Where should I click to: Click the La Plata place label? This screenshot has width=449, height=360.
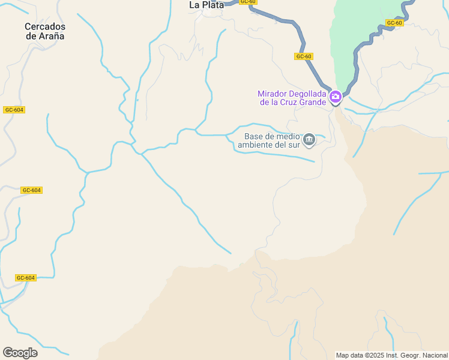coord(206,5)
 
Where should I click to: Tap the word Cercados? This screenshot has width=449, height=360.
coord(45,26)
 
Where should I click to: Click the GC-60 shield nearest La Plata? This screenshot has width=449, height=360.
coord(247,2)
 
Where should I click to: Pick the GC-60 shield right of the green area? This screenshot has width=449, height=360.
coord(394,23)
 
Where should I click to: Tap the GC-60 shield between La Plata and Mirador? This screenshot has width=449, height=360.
coord(304,56)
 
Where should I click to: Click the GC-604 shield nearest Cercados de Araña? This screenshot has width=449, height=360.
coord(14,110)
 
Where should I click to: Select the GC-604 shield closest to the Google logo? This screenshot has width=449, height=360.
coord(26,278)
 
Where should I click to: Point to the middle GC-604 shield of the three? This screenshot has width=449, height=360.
coord(31,190)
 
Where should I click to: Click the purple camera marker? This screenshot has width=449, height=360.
coord(335,97)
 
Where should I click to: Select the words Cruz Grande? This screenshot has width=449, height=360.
coord(304,102)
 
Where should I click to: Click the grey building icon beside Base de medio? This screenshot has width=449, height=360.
coord(309,140)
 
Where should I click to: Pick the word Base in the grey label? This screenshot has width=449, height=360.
coord(255,136)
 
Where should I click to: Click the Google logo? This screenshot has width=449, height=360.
coord(20,353)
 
